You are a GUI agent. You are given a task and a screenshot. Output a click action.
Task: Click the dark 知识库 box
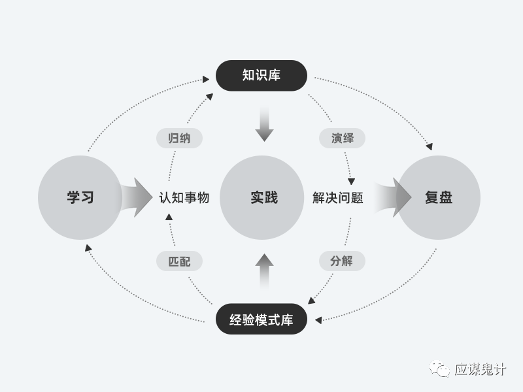coord(261,75)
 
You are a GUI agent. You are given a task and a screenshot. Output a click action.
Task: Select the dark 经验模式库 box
coord(261,319)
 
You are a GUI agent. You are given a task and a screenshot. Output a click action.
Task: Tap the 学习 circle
coord(80,197)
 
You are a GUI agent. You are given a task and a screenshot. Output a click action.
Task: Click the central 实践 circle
coord(261,197)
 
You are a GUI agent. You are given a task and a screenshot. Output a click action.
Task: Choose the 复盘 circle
coord(439,197)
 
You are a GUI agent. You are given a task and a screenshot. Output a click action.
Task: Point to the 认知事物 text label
coord(184,197)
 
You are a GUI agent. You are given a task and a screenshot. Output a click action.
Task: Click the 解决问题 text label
coord(337,197)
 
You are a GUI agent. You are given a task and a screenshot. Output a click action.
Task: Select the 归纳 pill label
coord(179,139)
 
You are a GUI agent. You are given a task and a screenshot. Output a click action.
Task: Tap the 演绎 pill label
coord(342,139)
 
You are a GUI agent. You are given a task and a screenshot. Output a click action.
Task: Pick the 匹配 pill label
coord(179,261)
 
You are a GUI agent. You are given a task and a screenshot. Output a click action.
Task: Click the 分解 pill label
coord(342,261)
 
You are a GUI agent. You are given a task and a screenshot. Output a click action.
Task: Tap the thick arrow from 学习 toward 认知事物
coord(137,197)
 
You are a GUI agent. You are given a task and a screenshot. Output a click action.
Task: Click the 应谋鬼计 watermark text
coord(481,370)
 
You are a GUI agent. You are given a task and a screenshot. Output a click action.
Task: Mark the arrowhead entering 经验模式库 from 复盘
coord(318,320)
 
